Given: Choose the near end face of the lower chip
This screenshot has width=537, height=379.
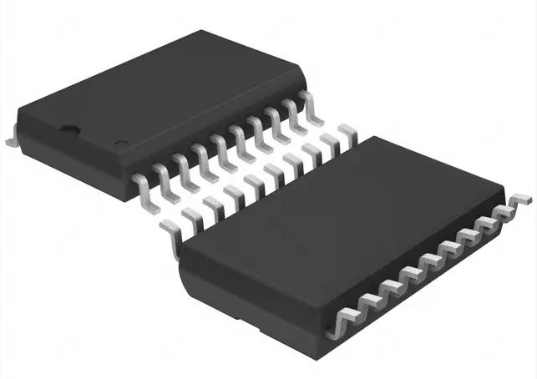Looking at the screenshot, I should [x=251, y=288].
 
